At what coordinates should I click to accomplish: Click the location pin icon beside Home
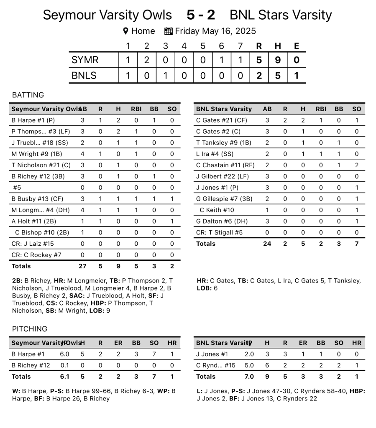point(125,31)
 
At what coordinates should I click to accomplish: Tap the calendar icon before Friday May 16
point(169,31)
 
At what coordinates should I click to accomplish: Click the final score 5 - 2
point(201,15)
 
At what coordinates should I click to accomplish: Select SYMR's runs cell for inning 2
point(146,60)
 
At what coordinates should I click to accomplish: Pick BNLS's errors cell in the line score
point(296,76)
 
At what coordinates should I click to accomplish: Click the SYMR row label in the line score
point(85,60)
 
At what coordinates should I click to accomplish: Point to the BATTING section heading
point(28,95)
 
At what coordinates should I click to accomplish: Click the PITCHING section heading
point(29,329)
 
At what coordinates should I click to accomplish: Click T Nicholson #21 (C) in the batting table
point(41,165)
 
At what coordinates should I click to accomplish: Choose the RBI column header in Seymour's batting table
point(136,109)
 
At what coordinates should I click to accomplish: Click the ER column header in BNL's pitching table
point(303,343)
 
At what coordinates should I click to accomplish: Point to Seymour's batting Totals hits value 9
point(118,266)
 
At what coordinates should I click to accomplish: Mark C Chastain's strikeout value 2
point(356,165)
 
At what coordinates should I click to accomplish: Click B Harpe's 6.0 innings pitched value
point(65,354)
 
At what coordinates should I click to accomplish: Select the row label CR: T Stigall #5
point(219,232)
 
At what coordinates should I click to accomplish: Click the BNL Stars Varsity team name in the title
point(281,15)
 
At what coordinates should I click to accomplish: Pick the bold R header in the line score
point(259,46)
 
